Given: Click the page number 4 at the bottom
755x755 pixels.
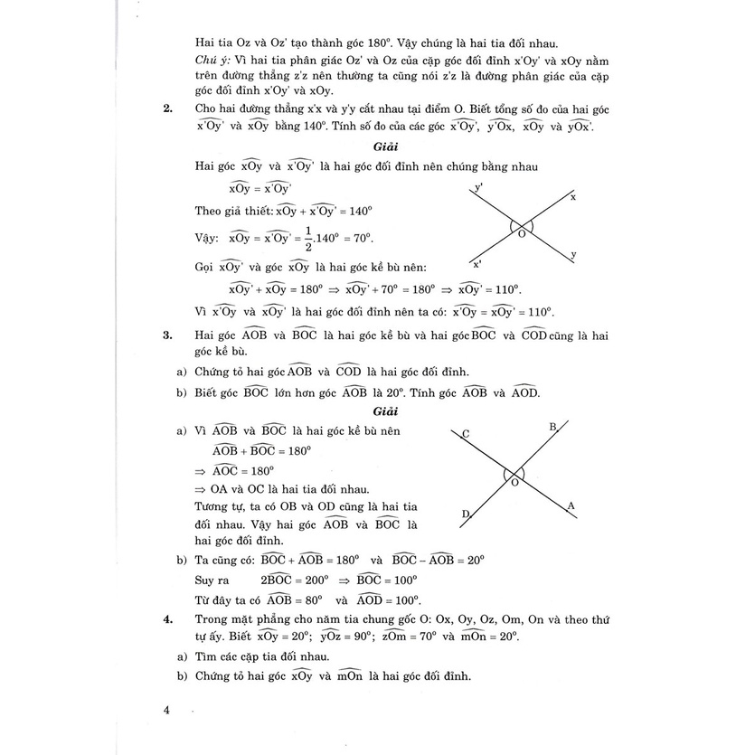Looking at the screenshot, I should tap(166, 710).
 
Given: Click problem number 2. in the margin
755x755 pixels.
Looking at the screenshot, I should tap(167, 109).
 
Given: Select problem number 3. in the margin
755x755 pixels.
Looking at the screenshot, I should tap(167, 335).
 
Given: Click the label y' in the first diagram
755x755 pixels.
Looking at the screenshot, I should tap(479, 188).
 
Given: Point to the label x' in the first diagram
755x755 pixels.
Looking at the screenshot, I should tap(477, 264).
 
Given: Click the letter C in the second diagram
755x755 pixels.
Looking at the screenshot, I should tap(466, 434).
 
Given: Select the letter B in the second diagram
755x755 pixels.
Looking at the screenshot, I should tap(553, 427).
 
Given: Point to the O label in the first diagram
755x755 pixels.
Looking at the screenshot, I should tap(522, 233).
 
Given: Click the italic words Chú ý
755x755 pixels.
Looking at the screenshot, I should tap(212, 60).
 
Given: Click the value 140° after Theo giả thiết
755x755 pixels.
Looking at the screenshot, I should tap(360, 211).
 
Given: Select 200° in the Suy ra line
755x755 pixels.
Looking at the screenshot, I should tap(313, 580).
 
